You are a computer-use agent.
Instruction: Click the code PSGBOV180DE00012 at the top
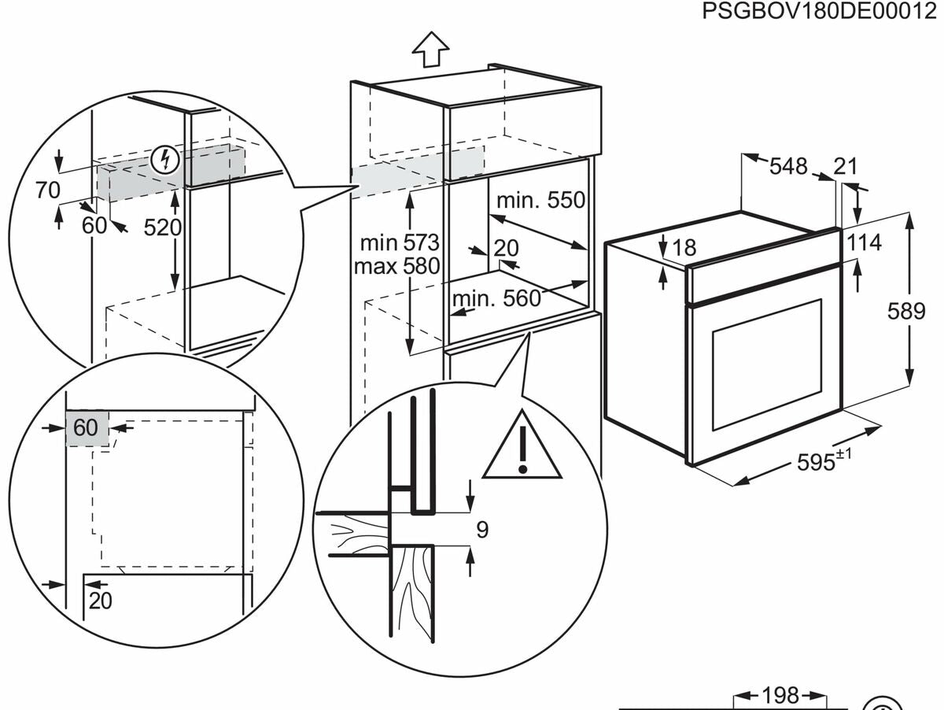pyautogui.click(x=819, y=11)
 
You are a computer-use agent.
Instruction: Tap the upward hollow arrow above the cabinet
pyautogui.click(x=430, y=49)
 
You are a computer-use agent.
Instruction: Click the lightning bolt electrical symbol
pyautogui.click(x=165, y=161)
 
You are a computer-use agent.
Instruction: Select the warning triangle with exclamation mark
pyautogui.click(x=522, y=446)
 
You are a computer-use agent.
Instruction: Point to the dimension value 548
pyautogui.click(x=788, y=166)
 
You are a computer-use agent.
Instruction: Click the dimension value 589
pyautogui.click(x=906, y=311)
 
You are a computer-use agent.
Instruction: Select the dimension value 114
pyautogui.click(x=864, y=242)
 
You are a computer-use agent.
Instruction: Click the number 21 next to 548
pyautogui.click(x=846, y=167)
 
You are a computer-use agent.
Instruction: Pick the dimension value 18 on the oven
pyautogui.click(x=684, y=247)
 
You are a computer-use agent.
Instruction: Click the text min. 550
pyautogui.click(x=541, y=200)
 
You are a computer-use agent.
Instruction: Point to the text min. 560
pyautogui.click(x=496, y=298)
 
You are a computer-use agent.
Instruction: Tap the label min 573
pyautogui.click(x=400, y=243)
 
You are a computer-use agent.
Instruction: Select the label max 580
pyautogui.click(x=397, y=266)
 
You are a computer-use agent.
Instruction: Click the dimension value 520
pyautogui.click(x=163, y=227)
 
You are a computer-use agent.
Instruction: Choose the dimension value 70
pyautogui.click(x=48, y=190)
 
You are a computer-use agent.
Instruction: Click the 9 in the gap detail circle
pyautogui.click(x=482, y=529)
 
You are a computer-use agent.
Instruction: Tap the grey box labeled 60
pyautogui.click(x=87, y=427)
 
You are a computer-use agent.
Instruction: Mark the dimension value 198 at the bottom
pyautogui.click(x=780, y=695)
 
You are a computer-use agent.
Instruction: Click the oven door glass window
pyautogui.click(x=767, y=364)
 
